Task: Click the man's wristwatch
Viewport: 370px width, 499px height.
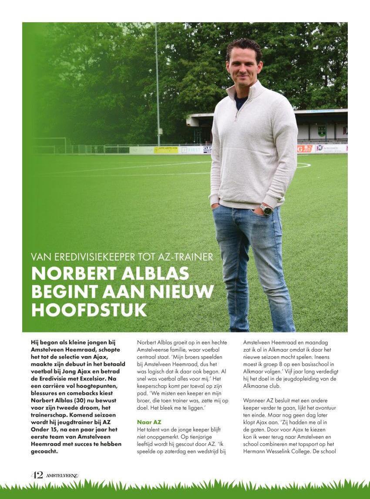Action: click(266, 210)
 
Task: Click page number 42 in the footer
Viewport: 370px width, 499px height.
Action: click(37, 475)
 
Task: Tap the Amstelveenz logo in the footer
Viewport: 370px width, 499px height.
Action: click(62, 475)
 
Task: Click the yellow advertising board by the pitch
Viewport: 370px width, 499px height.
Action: click(166, 149)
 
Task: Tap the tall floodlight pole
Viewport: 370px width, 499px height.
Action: click(157, 83)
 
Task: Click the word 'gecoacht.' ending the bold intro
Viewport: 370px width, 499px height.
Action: click(44, 451)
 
